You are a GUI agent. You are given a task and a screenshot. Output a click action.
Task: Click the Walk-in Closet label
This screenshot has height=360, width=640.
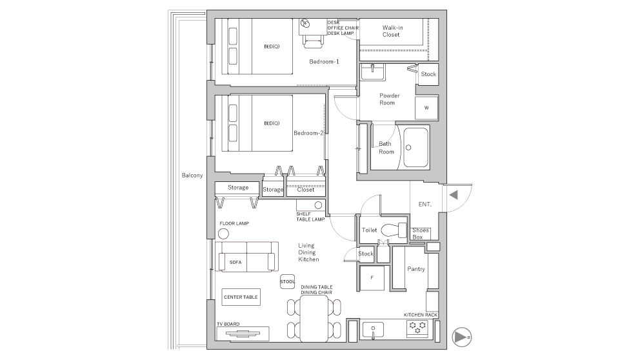(x=392, y=31)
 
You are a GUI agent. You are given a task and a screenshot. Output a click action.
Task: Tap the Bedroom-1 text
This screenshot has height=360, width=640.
(x=324, y=62)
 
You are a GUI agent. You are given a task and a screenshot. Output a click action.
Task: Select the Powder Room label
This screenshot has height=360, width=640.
(x=389, y=99)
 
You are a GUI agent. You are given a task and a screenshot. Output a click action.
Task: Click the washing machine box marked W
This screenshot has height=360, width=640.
(x=426, y=108)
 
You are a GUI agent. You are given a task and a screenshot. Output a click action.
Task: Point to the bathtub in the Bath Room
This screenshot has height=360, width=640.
(x=416, y=147)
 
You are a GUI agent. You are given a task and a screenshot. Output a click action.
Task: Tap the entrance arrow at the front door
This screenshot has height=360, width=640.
(x=454, y=195)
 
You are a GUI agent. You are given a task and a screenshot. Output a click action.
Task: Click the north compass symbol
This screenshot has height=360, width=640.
(x=462, y=337)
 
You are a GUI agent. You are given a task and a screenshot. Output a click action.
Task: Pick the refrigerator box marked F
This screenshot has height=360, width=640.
(x=372, y=277)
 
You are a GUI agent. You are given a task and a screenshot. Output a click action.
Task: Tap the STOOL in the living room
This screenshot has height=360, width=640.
(x=287, y=282)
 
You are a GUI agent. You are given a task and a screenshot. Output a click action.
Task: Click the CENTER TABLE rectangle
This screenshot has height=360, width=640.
(x=241, y=297)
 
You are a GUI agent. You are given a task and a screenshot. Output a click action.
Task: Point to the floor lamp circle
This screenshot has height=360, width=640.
(x=223, y=234)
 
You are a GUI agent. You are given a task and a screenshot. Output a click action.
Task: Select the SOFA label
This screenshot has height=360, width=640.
(x=235, y=263)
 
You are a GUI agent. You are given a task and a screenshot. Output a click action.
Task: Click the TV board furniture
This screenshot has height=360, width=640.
(x=243, y=334)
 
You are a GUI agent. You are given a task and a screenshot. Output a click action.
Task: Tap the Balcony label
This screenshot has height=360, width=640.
(x=192, y=175)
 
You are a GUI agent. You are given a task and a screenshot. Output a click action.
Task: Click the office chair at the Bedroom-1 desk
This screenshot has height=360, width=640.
(x=312, y=41)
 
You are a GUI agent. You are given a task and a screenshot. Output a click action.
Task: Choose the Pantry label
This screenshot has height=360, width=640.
(x=416, y=269)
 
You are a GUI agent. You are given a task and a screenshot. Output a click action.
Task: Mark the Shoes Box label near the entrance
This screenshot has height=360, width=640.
(x=421, y=234)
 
